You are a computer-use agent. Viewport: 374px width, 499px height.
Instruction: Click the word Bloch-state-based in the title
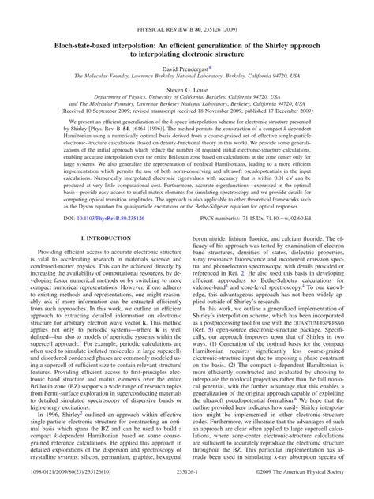76,28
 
